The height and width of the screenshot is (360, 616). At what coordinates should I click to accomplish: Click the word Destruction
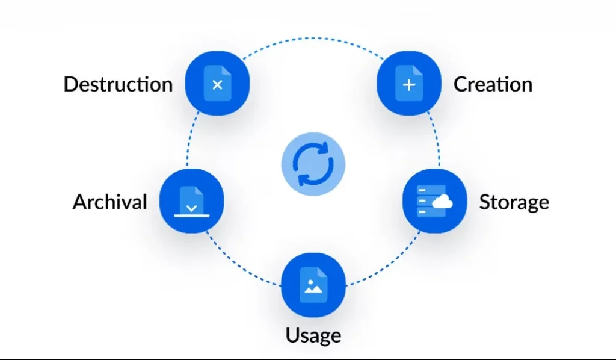(118, 84)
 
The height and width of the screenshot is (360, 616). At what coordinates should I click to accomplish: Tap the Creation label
(493, 84)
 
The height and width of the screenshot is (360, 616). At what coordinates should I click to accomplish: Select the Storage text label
(514, 202)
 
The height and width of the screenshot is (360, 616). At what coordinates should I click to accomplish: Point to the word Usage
(313, 335)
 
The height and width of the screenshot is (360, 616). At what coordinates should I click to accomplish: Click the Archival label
(109, 202)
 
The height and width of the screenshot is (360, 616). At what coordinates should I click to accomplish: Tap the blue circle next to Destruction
(217, 83)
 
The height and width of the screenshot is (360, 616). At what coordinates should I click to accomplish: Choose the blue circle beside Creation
(408, 83)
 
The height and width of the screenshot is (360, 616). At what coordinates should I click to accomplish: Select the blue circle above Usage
(313, 285)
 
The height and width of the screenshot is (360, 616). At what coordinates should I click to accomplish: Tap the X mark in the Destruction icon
(218, 85)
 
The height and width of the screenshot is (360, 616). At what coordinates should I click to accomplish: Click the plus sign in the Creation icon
(409, 85)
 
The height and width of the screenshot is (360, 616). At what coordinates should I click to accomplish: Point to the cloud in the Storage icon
(443, 202)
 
